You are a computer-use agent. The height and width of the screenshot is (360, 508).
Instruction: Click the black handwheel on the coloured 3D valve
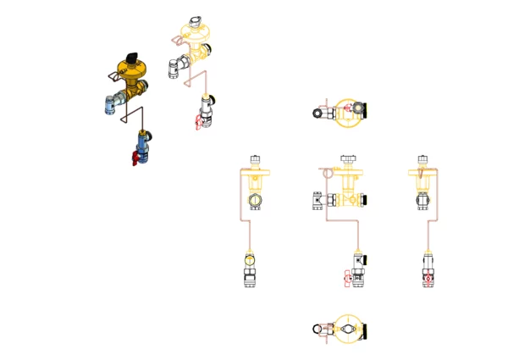coord(130,58)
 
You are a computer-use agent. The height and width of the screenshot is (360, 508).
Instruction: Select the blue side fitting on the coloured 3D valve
coord(108,105)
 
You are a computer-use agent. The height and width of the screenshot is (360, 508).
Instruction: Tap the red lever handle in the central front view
coord(346,275)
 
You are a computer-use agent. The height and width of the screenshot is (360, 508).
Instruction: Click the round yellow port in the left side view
coord(255,201)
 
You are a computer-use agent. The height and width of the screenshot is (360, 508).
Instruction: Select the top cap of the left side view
coord(255,159)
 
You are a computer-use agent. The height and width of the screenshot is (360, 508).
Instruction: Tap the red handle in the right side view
coord(428,277)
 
